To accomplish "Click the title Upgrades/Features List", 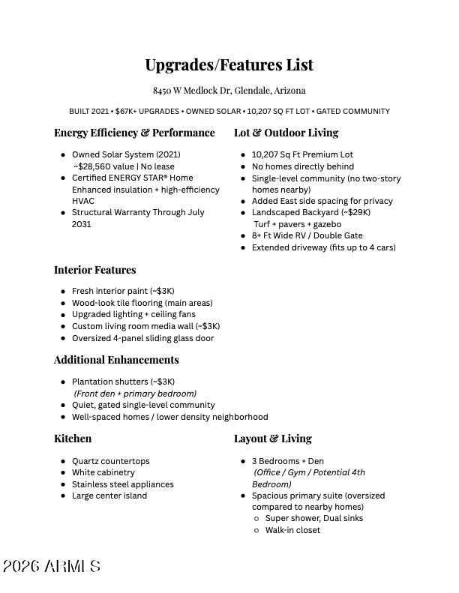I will (229, 65).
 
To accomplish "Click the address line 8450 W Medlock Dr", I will (229, 91).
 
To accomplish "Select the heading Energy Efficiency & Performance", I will (134, 133).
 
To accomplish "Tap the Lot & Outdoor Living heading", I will (286, 133).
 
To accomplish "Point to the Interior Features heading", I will (94, 270).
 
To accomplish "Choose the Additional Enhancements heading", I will (116, 360).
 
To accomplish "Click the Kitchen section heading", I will (73, 439).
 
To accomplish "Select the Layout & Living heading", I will (272, 439).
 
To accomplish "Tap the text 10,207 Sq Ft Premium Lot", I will (302, 154).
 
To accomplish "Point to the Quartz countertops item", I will (110, 461).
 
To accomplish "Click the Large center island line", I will (109, 496).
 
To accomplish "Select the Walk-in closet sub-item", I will (292, 530).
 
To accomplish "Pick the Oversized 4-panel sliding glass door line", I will (142, 338).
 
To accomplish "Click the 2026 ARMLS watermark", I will (51, 567).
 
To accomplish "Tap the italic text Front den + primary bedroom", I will (135, 394).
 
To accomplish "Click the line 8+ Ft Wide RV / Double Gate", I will (307, 235).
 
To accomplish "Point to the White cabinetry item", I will (103, 473).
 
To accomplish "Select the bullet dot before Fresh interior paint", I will (63, 292).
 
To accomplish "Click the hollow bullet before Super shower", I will (256, 519).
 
